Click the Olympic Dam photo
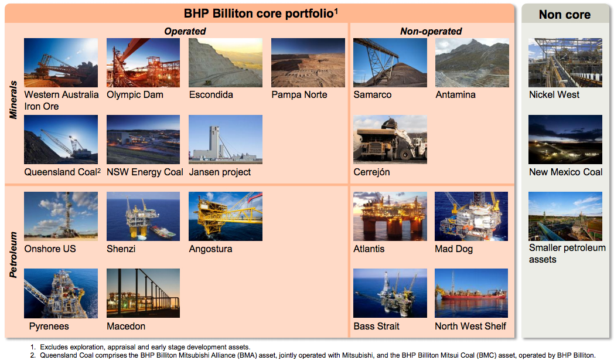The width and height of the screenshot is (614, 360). [144, 63]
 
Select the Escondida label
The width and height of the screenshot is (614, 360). [211, 95]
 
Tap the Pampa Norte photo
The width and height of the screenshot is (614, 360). [308, 63]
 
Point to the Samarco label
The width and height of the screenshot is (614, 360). [373, 95]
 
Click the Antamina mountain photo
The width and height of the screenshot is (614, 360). [472, 63]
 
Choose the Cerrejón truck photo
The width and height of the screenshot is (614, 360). [390, 140]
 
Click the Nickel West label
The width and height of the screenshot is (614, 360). [554, 95]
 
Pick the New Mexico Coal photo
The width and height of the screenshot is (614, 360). [565, 140]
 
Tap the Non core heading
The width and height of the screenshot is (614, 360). [565, 15]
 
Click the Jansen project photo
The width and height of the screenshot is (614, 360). [226, 140]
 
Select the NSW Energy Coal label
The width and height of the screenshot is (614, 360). [145, 172]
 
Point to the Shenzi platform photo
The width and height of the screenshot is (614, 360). [144, 216]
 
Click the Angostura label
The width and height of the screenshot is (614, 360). [211, 249]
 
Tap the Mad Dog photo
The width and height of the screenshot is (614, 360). [472, 216]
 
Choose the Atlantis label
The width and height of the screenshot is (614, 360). [369, 249]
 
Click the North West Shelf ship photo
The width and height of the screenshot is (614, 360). [472, 293]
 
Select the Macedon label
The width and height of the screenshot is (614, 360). [126, 327]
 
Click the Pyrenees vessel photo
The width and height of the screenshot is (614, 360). [61, 293]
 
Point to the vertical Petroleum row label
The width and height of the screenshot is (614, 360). [13, 255]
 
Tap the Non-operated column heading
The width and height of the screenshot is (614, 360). [431, 31]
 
